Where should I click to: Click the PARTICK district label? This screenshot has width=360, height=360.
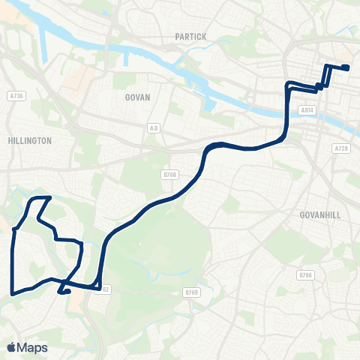[x=190, y=36]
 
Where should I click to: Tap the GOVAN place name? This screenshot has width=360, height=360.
[x=137, y=97]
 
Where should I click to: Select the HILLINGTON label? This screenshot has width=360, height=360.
[x=29, y=140]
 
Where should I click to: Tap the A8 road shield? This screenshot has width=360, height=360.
[x=154, y=128]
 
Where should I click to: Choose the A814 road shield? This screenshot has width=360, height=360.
[x=306, y=109]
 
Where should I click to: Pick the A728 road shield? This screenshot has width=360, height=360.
[x=341, y=149]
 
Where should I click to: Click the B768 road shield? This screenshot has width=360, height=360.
[x=169, y=175]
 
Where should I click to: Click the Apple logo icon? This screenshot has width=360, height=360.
[x=11, y=347]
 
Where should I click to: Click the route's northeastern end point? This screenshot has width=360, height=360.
[x=346, y=68]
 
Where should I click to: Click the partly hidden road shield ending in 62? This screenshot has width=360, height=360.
[x=105, y=289]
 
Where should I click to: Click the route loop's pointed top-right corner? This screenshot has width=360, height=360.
[x=49, y=198]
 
